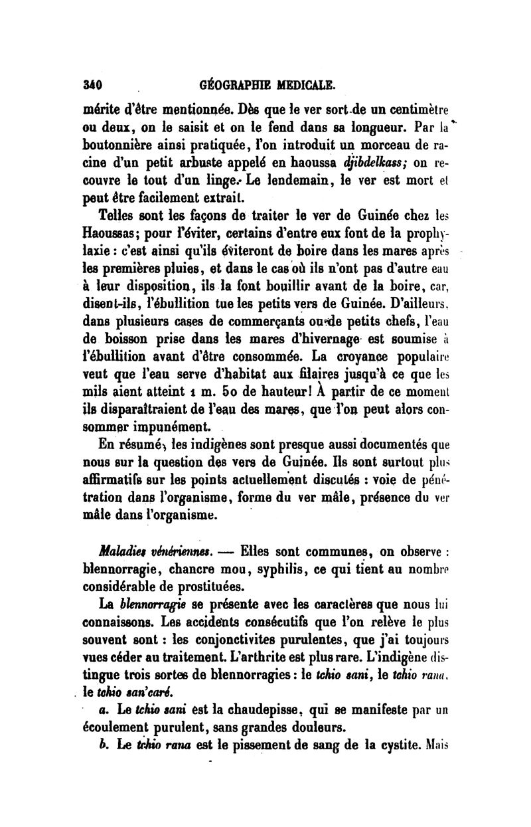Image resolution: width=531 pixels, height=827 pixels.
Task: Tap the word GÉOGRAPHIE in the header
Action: [234, 85]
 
